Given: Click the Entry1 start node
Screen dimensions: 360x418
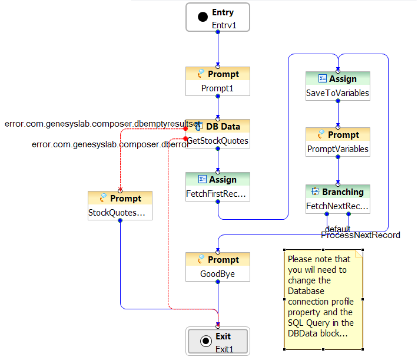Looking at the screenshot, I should pyautogui.click(x=218, y=17).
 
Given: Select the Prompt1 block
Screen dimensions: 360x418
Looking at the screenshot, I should pyautogui.click(x=218, y=81).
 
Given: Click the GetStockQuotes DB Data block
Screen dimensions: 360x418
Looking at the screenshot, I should pyautogui.click(x=218, y=134).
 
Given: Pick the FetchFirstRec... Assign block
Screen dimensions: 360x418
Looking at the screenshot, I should pyautogui.click(x=218, y=187).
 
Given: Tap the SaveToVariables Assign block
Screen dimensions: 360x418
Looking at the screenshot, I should pyautogui.click(x=338, y=86).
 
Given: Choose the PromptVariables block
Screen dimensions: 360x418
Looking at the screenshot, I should pyautogui.click(x=338, y=142).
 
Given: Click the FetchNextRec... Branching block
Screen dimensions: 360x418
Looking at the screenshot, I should pyautogui.click(x=338, y=199).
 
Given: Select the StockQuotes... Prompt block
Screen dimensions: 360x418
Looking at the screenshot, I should pyautogui.click(x=120, y=205).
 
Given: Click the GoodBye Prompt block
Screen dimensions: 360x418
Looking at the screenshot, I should pyautogui.click(x=218, y=267).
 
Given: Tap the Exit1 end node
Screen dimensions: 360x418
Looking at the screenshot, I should pyautogui.click(x=218, y=341).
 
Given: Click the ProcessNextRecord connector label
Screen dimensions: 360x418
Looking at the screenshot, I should pyautogui.click(x=360, y=235).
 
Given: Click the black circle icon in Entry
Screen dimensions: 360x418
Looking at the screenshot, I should pyautogui.click(x=203, y=17).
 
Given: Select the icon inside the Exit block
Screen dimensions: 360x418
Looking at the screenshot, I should pyautogui.click(x=205, y=341).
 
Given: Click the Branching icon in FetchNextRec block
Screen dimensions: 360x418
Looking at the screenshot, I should pyautogui.click(x=315, y=192).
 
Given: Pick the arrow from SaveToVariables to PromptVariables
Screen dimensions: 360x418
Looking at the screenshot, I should pyautogui.click(x=338, y=114).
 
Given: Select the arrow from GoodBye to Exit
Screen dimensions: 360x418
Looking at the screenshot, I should pyautogui.click(x=218, y=303).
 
